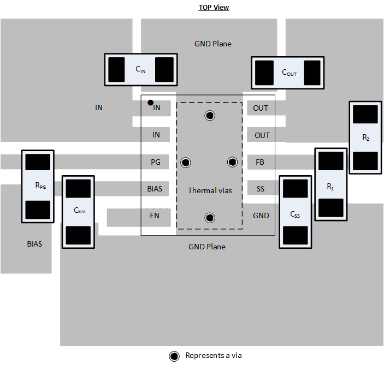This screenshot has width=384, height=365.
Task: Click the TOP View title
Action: click(x=214, y=8)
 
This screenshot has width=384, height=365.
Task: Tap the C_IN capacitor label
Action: click(x=140, y=69)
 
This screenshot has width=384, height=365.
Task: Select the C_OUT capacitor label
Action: click(x=289, y=72)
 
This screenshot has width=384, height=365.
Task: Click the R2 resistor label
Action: click(x=365, y=138)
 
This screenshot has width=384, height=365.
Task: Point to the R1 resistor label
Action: click(x=330, y=187)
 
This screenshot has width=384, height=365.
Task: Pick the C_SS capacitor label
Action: click(x=295, y=214)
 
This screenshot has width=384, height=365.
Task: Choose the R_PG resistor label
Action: click(x=40, y=186)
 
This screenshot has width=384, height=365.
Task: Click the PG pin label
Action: click(x=156, y=162)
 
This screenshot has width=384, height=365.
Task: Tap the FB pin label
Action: click(x=261, y=162)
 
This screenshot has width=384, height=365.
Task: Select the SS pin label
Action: click(x=261, y=189)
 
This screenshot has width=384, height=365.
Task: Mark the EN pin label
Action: click(x=155, y=216)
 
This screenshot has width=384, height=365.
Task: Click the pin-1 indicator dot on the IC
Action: click(x=150, y=103)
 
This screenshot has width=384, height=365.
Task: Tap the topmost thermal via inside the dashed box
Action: click(x=209, y=115)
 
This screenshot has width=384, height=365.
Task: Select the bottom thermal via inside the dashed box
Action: click(x=209, y=218)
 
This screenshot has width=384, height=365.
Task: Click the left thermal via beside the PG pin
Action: click(x=186, y=162)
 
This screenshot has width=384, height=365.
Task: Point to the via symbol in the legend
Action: click(x=174, y=356)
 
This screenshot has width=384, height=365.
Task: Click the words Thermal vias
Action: click(x=210, y=190)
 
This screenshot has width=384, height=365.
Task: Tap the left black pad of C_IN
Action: click(x=117, y=69)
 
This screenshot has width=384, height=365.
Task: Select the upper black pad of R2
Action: click(x=365, y=115)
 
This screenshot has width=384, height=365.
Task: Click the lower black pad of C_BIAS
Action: click(x=78, y=235)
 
